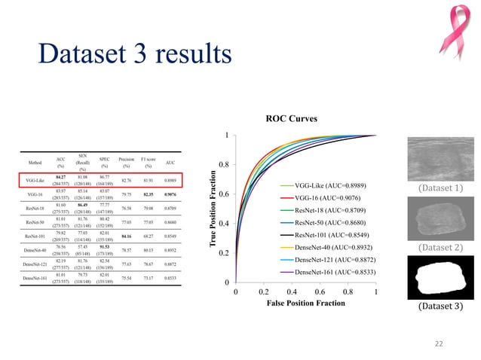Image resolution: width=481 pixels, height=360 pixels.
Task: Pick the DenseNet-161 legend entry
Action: pyautogui.click(x=335, y=271)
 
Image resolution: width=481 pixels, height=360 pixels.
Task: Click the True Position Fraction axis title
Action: pyautogui.click(x=214, y=210)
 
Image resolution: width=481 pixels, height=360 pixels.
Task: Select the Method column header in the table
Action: pyautogui.click(x=35, y=162)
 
